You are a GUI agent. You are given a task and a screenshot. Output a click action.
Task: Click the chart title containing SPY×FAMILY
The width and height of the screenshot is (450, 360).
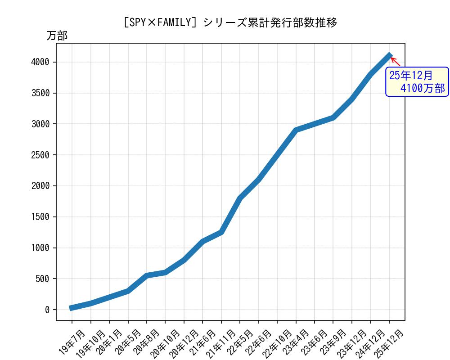tap(229, 22)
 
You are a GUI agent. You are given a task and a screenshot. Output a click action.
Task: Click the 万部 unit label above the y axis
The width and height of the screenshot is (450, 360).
tap(57, 36)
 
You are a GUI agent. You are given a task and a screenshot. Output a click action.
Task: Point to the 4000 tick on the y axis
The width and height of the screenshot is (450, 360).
tap(41, 62)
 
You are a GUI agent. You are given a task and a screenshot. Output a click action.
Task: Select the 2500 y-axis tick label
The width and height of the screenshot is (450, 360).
tap(41, 155)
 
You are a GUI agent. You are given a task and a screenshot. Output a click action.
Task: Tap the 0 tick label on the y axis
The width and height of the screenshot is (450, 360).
tap(47, 310)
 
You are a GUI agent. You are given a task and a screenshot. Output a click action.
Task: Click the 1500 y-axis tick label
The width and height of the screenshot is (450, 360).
tap(41, 217)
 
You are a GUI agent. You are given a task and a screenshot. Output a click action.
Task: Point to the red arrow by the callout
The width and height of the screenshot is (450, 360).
tap(395, 61)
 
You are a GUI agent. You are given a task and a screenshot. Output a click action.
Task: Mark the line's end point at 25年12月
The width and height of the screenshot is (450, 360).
tap(390, 55)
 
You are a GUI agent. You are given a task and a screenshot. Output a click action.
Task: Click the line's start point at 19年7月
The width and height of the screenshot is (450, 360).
tap(72, 308)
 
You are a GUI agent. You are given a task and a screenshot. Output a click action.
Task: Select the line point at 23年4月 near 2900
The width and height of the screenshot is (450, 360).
tap(296, 130)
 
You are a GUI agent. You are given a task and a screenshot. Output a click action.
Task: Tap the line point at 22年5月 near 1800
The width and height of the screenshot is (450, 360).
tap(240, 198)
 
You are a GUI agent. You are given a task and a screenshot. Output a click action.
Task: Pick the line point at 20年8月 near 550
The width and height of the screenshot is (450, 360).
tap(147, 275)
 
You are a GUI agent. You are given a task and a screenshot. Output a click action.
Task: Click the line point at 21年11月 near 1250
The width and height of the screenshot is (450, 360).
tap(221, 232)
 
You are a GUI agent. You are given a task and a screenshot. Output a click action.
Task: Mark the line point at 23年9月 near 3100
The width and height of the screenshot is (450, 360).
tap(333, 117)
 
